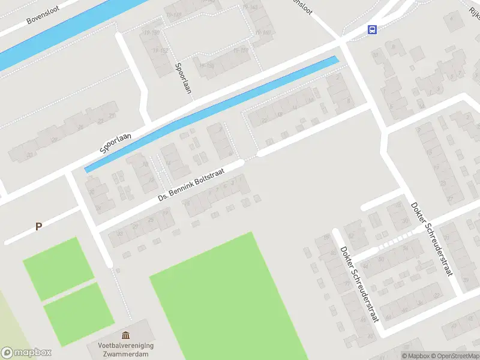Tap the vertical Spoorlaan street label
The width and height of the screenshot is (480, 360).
[182, 78]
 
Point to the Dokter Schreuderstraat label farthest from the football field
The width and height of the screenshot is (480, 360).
[431, 239]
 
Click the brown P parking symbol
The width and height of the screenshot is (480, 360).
[38, 227]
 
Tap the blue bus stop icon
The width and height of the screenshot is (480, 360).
[373, 29]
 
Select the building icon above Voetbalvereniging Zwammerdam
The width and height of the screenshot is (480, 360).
[125, 335]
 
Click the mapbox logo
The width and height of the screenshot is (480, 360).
[26, 353]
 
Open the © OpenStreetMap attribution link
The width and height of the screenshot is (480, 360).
[455, 356]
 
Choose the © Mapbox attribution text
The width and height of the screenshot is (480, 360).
[416, 356]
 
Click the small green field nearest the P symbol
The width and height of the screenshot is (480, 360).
[59, 268]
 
